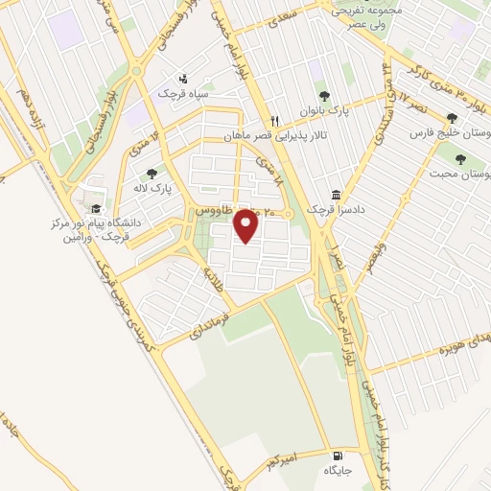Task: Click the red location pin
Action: (246, 227)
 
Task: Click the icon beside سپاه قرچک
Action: (183, 79)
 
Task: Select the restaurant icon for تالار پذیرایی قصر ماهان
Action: (274, 121)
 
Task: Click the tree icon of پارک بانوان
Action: (323, 95)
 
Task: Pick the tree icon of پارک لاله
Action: (152, 174)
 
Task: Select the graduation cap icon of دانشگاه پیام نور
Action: (95, 208)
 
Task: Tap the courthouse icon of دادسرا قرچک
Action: (336, 193)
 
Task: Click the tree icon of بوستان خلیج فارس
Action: (452, 119)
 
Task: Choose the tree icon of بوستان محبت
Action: (461, 158)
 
